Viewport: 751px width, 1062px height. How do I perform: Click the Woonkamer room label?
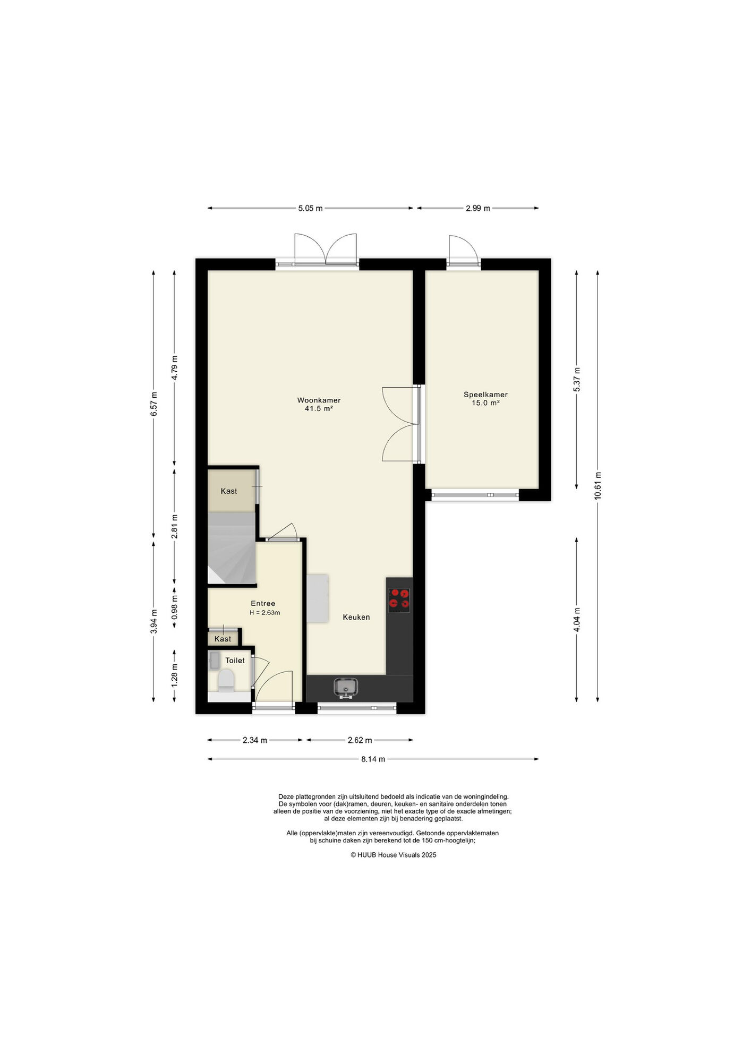point(319,400)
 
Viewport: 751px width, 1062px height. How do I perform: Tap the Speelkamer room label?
point(485,395)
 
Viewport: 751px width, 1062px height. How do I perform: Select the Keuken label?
point(356,617)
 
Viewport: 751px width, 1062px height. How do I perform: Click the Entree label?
point(263,603)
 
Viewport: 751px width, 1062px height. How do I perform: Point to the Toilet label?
point(235,661)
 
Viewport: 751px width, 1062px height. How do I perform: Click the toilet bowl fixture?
point(226,680)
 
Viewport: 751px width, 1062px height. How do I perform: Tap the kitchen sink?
point(346,688)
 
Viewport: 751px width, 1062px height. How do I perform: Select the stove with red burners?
point(399,598)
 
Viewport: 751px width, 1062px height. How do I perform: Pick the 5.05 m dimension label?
point(310,208)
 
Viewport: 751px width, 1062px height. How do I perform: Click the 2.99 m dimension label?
point(477,208)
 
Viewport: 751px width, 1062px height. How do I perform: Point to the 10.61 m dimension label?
point(598,486)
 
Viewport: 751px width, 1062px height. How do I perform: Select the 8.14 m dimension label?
point(373,759)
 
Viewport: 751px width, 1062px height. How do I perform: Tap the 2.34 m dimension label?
point(255,740)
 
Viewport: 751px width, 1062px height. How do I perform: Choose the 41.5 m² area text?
point(319,409)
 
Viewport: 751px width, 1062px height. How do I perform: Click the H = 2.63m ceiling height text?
point(265,612)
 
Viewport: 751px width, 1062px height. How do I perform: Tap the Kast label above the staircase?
point(229,491)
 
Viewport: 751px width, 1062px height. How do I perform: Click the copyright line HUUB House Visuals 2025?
point(394,855)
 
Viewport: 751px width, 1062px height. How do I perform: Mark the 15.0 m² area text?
point(485,403)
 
